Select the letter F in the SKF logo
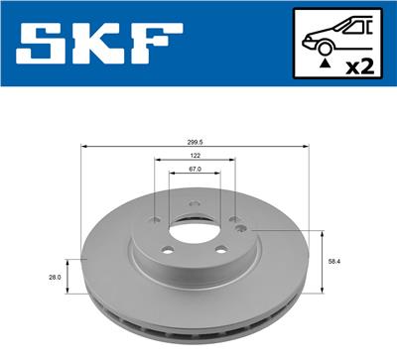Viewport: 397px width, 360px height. (x=156, y=44)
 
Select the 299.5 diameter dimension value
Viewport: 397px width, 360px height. (x=195, y=141)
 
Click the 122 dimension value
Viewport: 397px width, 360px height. (x=195, y=157)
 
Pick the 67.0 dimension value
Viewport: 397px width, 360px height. (x=195, y=170)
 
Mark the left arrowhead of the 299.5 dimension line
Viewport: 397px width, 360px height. (x=83, y=147)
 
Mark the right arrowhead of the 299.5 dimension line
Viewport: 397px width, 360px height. (x=309, y=147)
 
